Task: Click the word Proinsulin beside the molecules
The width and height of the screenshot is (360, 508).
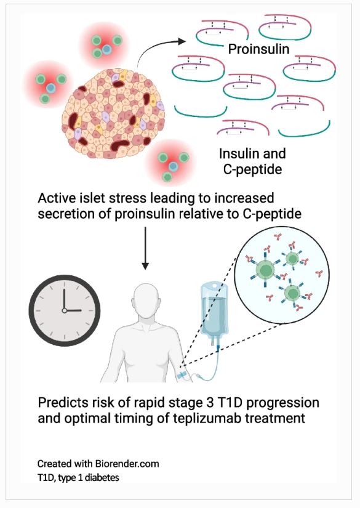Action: tap(258, 49)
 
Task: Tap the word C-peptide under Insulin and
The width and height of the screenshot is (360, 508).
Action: tap(252, 169)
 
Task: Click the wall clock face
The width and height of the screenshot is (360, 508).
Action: tap(65, 310)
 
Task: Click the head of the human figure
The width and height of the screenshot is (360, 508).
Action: tap(146, 298)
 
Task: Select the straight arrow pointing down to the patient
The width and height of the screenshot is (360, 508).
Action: tap(145, 248)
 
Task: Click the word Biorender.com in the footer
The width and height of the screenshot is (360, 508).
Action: tap(127, 464)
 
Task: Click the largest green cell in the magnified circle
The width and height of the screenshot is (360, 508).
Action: tap(265, 270)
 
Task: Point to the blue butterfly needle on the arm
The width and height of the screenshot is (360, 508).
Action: tap(182, 376)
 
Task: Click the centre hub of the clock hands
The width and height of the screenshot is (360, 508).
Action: tap(64, 310)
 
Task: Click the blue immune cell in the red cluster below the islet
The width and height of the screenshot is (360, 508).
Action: tap(173, 166)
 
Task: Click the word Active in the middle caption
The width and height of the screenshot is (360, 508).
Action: tap(55, 198)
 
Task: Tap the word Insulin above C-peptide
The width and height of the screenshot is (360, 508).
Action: tap(236, 153)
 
